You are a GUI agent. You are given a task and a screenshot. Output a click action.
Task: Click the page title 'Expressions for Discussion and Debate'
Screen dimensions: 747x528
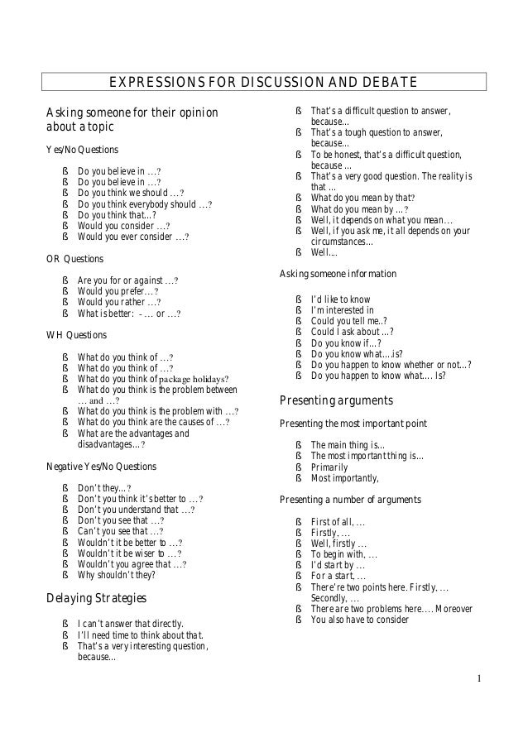264,81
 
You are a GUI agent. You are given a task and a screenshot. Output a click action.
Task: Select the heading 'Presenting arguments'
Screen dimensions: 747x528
336,401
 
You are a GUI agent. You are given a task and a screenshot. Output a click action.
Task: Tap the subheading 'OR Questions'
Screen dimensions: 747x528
74,258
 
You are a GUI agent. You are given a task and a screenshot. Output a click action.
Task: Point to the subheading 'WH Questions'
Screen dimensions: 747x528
75,335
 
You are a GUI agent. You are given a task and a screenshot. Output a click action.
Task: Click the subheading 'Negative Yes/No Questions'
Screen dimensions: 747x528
100,466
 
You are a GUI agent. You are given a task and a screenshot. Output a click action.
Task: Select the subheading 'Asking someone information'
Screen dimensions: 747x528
338,274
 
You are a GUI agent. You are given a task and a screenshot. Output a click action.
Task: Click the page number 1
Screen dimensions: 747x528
479,679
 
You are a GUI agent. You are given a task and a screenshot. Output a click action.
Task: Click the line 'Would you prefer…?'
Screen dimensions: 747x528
118,291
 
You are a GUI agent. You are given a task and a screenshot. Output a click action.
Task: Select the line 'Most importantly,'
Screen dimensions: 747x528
344,478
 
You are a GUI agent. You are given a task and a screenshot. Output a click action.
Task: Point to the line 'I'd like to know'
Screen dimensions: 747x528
340,299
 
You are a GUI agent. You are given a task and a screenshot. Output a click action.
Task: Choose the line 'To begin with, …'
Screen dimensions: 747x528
343,553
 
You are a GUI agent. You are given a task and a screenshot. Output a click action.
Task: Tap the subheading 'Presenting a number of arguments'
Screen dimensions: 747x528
350,500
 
